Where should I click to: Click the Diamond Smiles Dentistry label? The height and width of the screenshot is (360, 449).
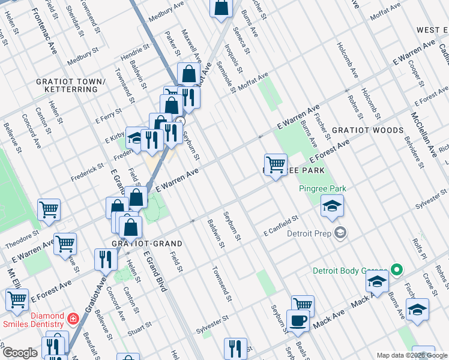tap(39, 321)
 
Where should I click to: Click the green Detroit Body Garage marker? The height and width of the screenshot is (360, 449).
tap(396, 270)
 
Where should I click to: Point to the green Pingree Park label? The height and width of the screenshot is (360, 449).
tap(323, 189)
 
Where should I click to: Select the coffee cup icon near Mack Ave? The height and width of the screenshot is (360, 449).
tap(298, 321)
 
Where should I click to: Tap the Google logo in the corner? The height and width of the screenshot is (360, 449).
tap(19, 353)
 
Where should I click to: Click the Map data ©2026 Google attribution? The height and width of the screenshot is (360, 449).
tap(412, 355)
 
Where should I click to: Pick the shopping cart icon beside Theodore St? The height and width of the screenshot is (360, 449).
tap(49, 210)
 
